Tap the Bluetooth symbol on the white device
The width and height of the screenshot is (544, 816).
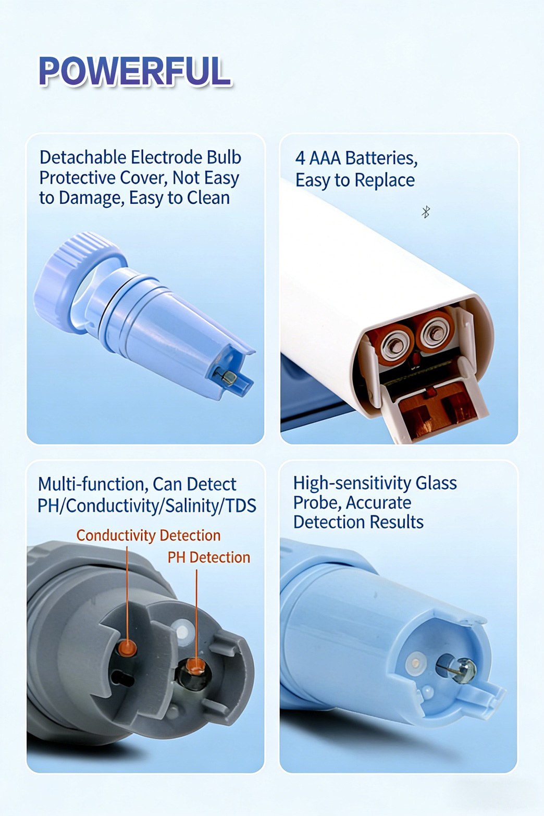426,212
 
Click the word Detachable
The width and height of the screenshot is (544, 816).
83,158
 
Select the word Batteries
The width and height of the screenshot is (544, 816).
381,158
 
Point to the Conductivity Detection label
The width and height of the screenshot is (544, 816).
149,536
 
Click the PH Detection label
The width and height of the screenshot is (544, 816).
209,558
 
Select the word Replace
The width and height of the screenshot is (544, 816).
385,180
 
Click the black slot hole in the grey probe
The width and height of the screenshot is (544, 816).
122,678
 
